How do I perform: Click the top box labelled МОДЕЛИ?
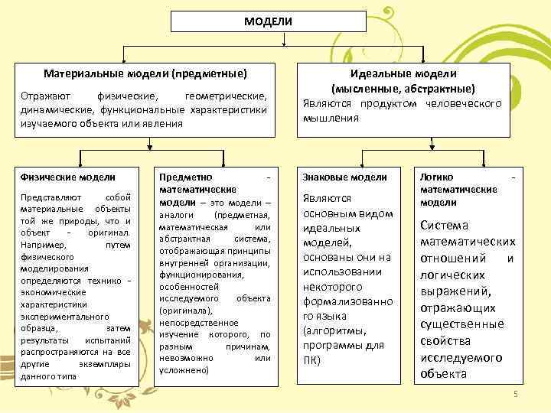tap(268, 21)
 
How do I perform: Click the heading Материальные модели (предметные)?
tap(145, 74)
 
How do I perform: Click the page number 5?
tap(515, 393)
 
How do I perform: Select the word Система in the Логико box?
tap(443, 225)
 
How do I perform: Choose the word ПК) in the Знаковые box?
tap(312, 359)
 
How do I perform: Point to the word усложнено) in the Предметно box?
tap(184, 369)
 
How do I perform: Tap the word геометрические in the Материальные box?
tap(227, 96)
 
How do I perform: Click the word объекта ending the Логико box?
tap(443, 374)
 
